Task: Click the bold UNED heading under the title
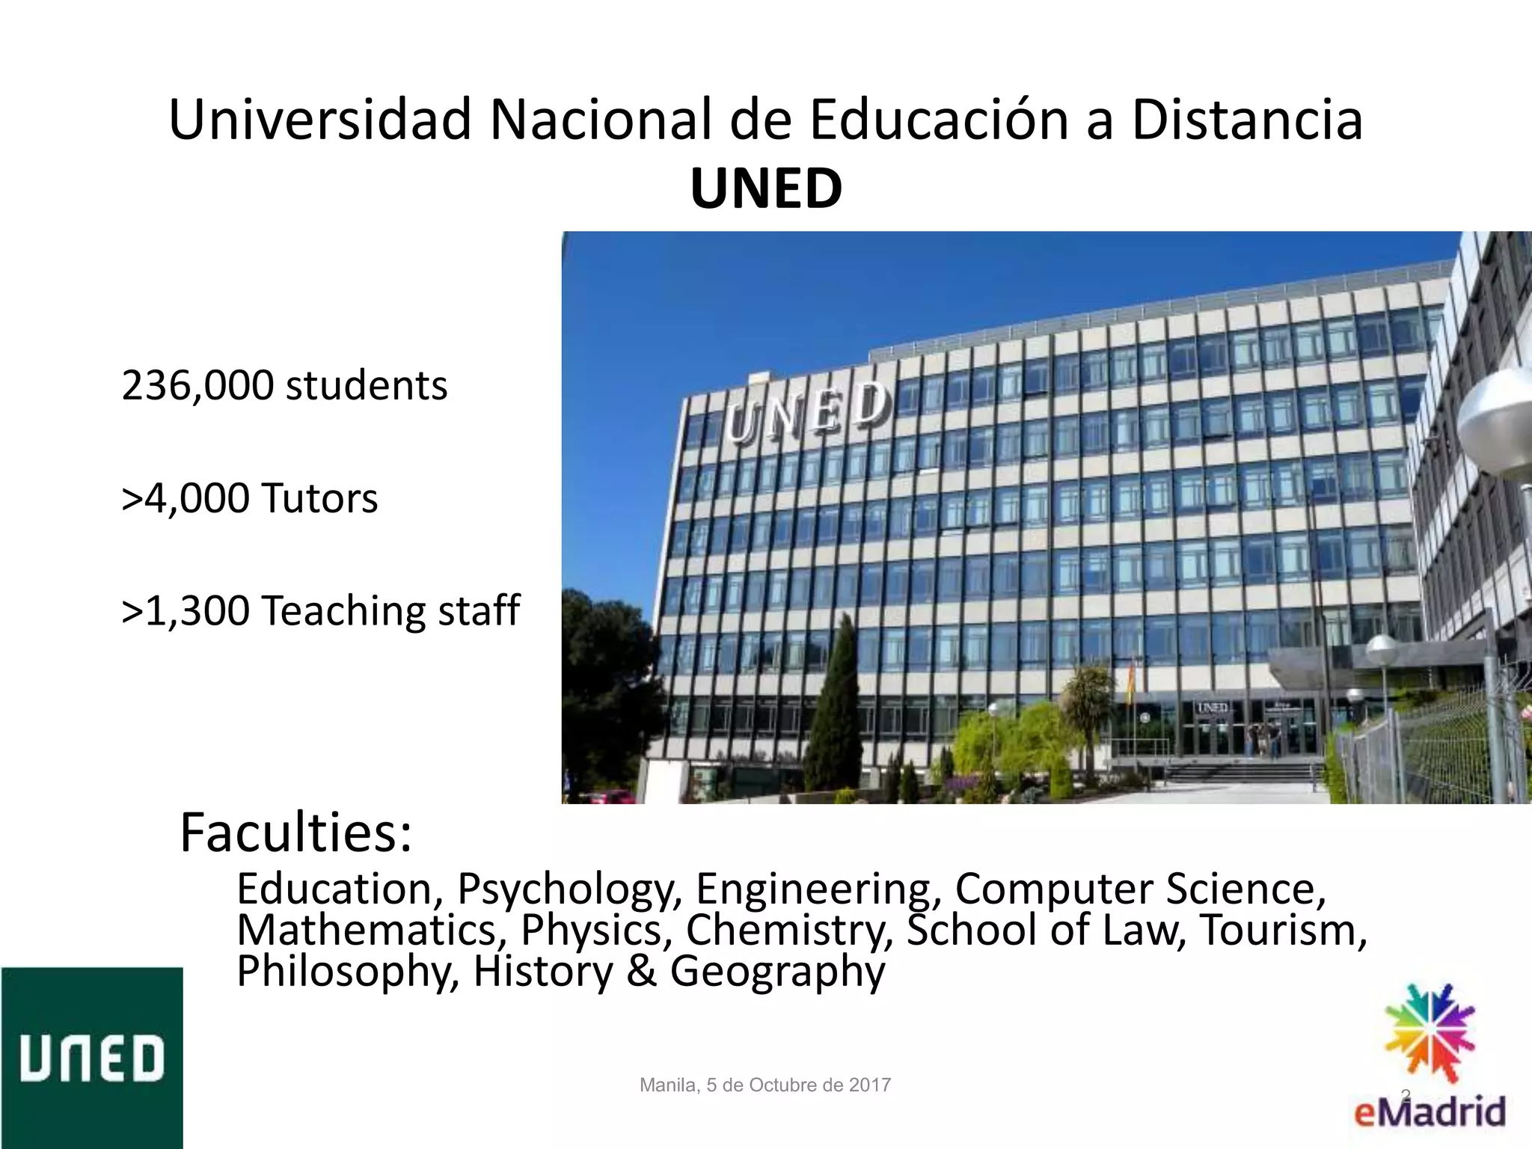click(766, 189)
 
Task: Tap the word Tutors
click(319, 498)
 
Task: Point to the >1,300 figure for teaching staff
click(186, 610)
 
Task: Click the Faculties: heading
click(295, 833)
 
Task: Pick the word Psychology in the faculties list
click(568, 889)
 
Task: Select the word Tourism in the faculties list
click(1284, 930)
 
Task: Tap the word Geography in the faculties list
click(777, 971)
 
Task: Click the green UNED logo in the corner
click(91, 1058)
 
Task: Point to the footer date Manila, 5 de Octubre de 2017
click(765, 1085)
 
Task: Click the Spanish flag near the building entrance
click(1131, 682)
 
